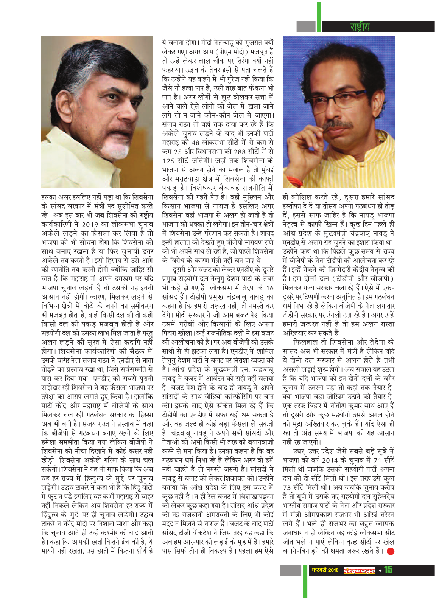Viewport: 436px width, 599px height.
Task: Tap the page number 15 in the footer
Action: (x=388, y=570)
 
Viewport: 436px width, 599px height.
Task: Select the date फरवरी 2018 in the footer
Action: (x=325, y=570)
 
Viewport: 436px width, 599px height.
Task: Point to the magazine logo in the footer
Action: (x=359, y=570)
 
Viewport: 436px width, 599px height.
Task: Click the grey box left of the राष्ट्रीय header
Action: (x=306, y=26)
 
